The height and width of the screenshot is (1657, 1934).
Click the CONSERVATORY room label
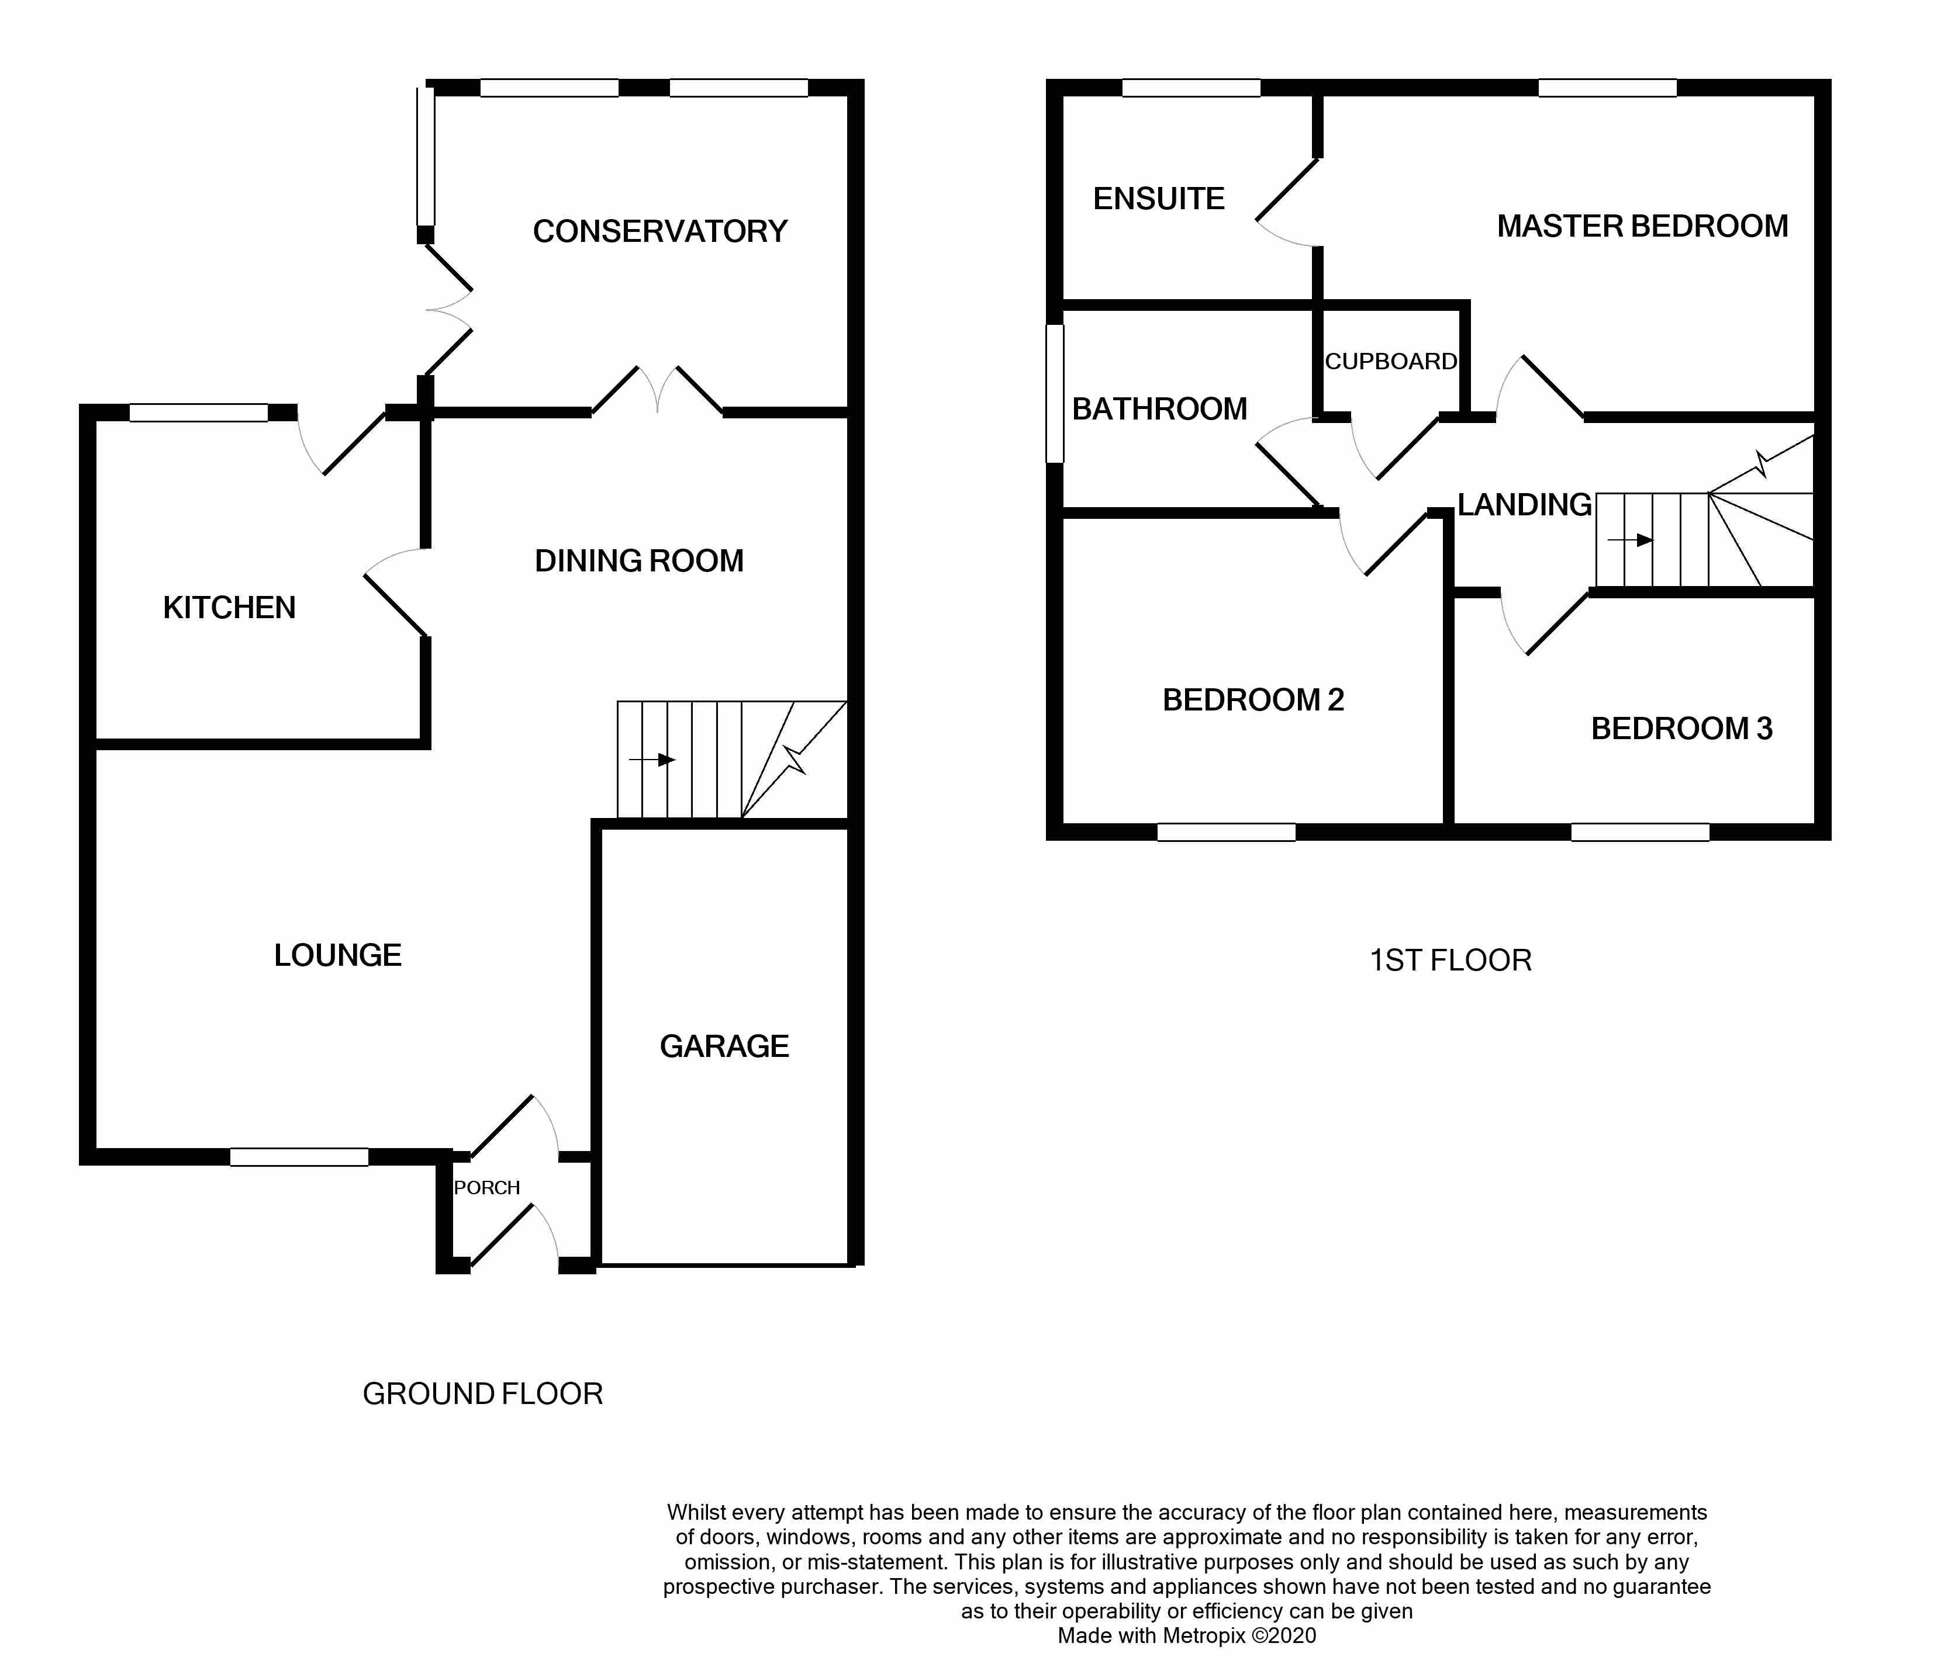tap(660, 231)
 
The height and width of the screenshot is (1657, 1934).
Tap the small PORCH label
tap(486, 1188)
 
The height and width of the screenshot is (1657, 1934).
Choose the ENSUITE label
tap(1158, 199)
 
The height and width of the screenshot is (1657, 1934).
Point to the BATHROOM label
tap(1159, 408)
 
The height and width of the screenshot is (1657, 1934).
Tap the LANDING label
tap(1524, 505)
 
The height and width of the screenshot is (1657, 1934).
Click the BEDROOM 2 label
tap(1253, 700)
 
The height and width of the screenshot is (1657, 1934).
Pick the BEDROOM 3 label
tap(1681, 729)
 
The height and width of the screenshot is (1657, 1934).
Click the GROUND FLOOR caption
tap(482, 1394)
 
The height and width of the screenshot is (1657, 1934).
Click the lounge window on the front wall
tap(299, 1157)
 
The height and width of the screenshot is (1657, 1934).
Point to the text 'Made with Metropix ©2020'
tap(1186, 1635)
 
